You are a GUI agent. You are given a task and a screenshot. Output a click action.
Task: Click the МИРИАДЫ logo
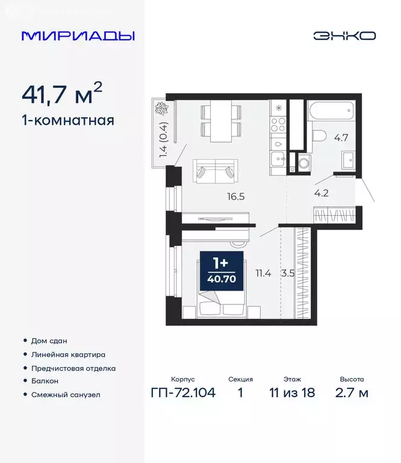pos(78,36)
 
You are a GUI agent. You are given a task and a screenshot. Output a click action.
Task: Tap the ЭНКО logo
pos(344,36)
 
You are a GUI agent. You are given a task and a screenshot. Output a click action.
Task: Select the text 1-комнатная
pos(67,120)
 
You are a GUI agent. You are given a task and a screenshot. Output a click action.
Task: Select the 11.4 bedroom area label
pos(263,273)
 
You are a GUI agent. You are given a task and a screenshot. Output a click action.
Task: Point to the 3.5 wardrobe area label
pos(289,273)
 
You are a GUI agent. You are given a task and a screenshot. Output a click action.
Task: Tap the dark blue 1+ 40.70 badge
pos(221,269)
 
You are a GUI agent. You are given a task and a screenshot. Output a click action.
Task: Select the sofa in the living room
pos(214,171)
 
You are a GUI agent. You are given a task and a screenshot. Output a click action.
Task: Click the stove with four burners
pos(279,124)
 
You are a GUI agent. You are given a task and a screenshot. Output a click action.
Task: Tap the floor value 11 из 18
pos(292,394)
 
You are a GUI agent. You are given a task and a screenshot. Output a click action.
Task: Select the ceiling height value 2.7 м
pos(352,394)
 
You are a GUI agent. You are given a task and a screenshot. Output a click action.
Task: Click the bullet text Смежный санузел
pos(66,395)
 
